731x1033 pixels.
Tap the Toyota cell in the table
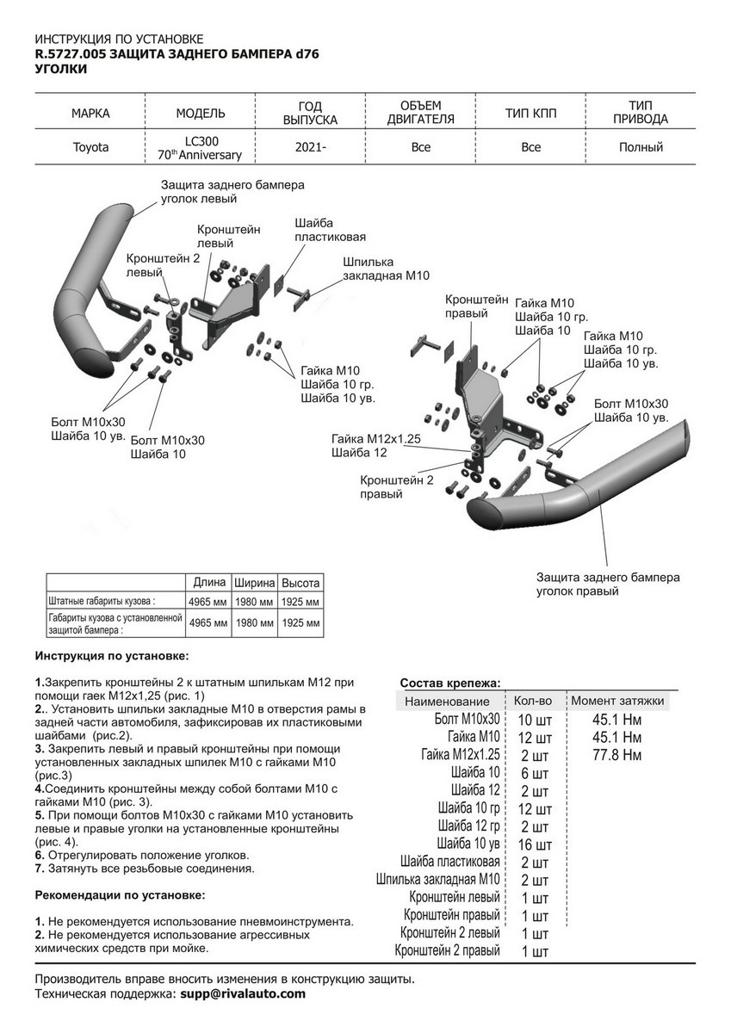click(90, 147)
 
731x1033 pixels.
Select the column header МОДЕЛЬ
click(201, 113)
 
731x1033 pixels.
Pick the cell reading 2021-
click(311, 147)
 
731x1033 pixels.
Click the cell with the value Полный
click(641, 147)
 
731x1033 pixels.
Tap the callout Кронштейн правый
click(476, 306)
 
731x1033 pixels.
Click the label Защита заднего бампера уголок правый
click(608, 585)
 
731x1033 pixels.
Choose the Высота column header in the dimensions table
click(301, 583)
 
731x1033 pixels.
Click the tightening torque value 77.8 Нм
click(617, 755)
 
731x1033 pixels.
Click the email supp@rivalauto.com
click(242, 993)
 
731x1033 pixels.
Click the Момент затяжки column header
click(617, 701)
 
